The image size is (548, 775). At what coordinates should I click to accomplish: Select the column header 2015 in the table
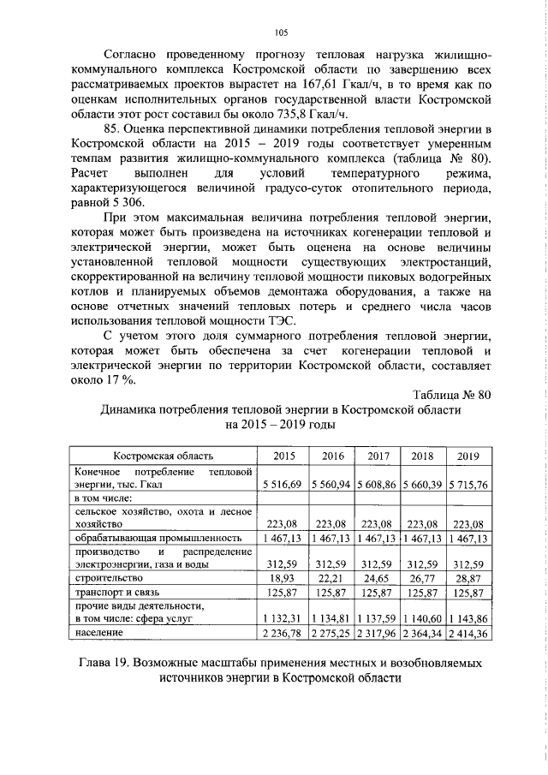pyautogui.click(x=283, y=456)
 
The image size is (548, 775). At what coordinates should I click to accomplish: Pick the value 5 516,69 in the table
pyautogui.click(x=283, y=485)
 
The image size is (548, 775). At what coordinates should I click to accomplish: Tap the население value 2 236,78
pyautogui.click(x=283, y=633)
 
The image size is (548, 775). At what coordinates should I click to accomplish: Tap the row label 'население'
pyautogui.click(x=97, y=633)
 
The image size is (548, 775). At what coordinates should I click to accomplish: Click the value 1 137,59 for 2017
pyautogui.click(x=377, y=619)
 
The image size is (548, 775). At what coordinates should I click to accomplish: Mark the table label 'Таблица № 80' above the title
pyautogui.click(x=451, y=394)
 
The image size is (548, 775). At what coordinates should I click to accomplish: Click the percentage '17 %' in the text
pyautogui.click(x=122, y=380)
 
